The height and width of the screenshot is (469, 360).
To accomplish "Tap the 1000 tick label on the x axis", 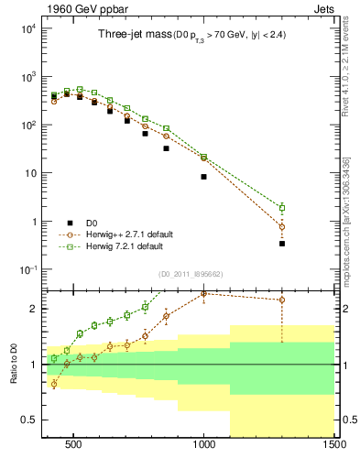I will [x=203, y=449].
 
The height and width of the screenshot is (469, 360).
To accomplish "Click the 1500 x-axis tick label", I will [x=334, y=449].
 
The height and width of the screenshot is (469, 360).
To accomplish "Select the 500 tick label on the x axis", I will [x=73, y=449].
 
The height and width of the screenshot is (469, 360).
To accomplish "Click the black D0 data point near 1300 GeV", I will [x=282, y=244].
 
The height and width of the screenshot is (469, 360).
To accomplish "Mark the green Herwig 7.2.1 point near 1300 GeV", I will [x=282, y=208].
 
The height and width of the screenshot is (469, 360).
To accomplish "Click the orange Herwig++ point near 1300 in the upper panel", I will [x=282, y=226].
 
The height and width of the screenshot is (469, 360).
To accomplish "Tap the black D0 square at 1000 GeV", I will [x=203, y=177].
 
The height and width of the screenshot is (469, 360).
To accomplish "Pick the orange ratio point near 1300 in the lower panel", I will [x=282, y=300].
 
